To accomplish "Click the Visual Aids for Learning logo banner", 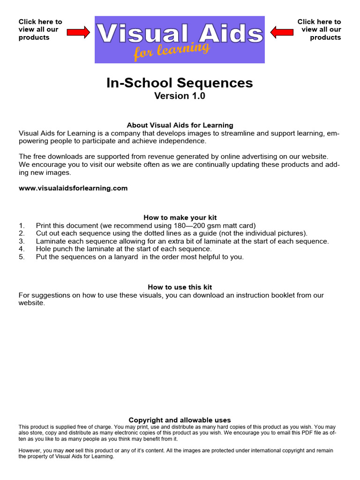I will (x=180, y=39).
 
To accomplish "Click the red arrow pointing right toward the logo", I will (x=78, y=32).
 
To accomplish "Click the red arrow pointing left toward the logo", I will (x=282, y=32).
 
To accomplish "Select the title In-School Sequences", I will (x=180, y=83).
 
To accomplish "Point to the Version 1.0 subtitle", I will (x=180, y=96).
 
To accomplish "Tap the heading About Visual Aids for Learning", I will (x=180, y=125).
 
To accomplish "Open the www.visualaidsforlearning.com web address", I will (x=73, y=188).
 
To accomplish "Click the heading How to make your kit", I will (x=180, y=217).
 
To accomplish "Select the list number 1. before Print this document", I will (x=22, y=225).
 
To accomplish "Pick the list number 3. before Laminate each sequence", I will (x=22, y=241).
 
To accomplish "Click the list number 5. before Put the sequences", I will (x=22, y=257).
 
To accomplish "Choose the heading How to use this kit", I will (x=180, y=287).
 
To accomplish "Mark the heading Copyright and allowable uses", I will (x=180, y=420).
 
